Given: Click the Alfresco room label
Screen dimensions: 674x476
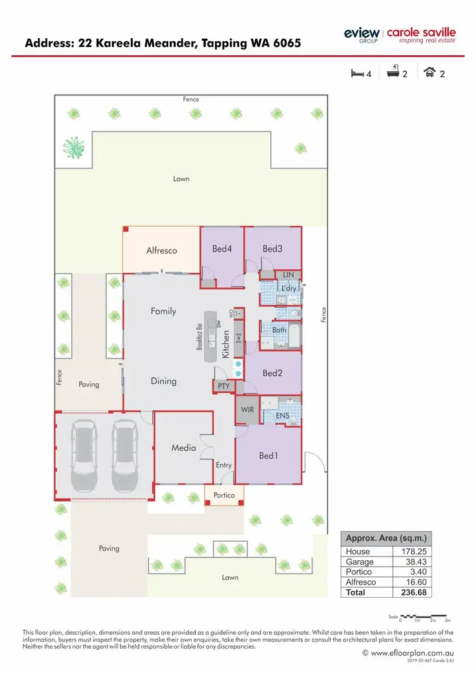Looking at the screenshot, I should [162, 250].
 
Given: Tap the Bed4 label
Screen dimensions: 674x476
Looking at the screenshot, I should [221, 248].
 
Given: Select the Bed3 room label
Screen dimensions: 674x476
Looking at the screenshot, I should [272, 248].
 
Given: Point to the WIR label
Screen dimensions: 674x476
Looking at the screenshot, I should [248, 410].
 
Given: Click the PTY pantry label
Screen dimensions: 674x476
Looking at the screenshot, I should [223, 386].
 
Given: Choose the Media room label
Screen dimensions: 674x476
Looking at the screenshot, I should [183, 448].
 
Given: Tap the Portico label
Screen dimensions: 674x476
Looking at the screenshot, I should [224, 495].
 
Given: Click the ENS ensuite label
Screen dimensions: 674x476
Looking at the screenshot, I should [282, 416].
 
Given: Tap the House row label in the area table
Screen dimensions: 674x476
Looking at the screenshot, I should [358, 551].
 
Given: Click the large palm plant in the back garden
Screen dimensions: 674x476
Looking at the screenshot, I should [74, 147].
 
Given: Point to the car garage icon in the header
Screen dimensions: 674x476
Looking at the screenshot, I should [432, 73].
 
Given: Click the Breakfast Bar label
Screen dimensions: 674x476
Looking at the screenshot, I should [199, 337].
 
